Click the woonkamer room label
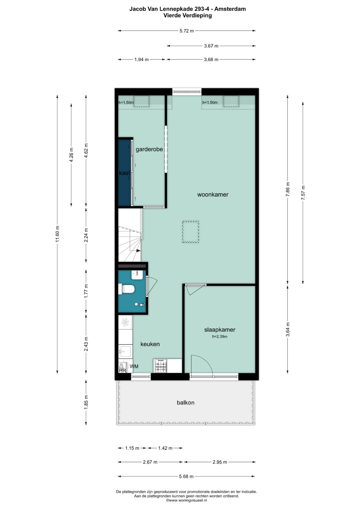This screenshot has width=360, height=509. [x=213, y=195]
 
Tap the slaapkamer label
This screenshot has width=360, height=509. [x=220, y=329]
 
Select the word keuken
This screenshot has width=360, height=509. [x=150, y=344]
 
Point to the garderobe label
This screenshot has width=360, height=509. [x=149, y=149]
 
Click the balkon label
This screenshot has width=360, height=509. [x=185, y=403]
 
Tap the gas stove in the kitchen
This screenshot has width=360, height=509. [x=160, y=366]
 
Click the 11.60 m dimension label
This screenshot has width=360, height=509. [x=57, y=234]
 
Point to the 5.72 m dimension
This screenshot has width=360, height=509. [x=187, y=31]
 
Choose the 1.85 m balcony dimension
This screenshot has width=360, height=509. [x=86, y=402]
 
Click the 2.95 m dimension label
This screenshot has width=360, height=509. [x=220, y=462]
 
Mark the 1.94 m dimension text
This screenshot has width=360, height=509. [x=141, y=60]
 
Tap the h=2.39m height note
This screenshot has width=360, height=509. [x=220, y=337]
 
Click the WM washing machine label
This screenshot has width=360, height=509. [x=134, y=366]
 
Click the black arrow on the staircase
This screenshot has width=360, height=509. [x=138, y=251]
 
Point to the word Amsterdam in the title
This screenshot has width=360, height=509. [x=230, y=9]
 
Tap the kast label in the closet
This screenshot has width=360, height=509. [x=125, y=173]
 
